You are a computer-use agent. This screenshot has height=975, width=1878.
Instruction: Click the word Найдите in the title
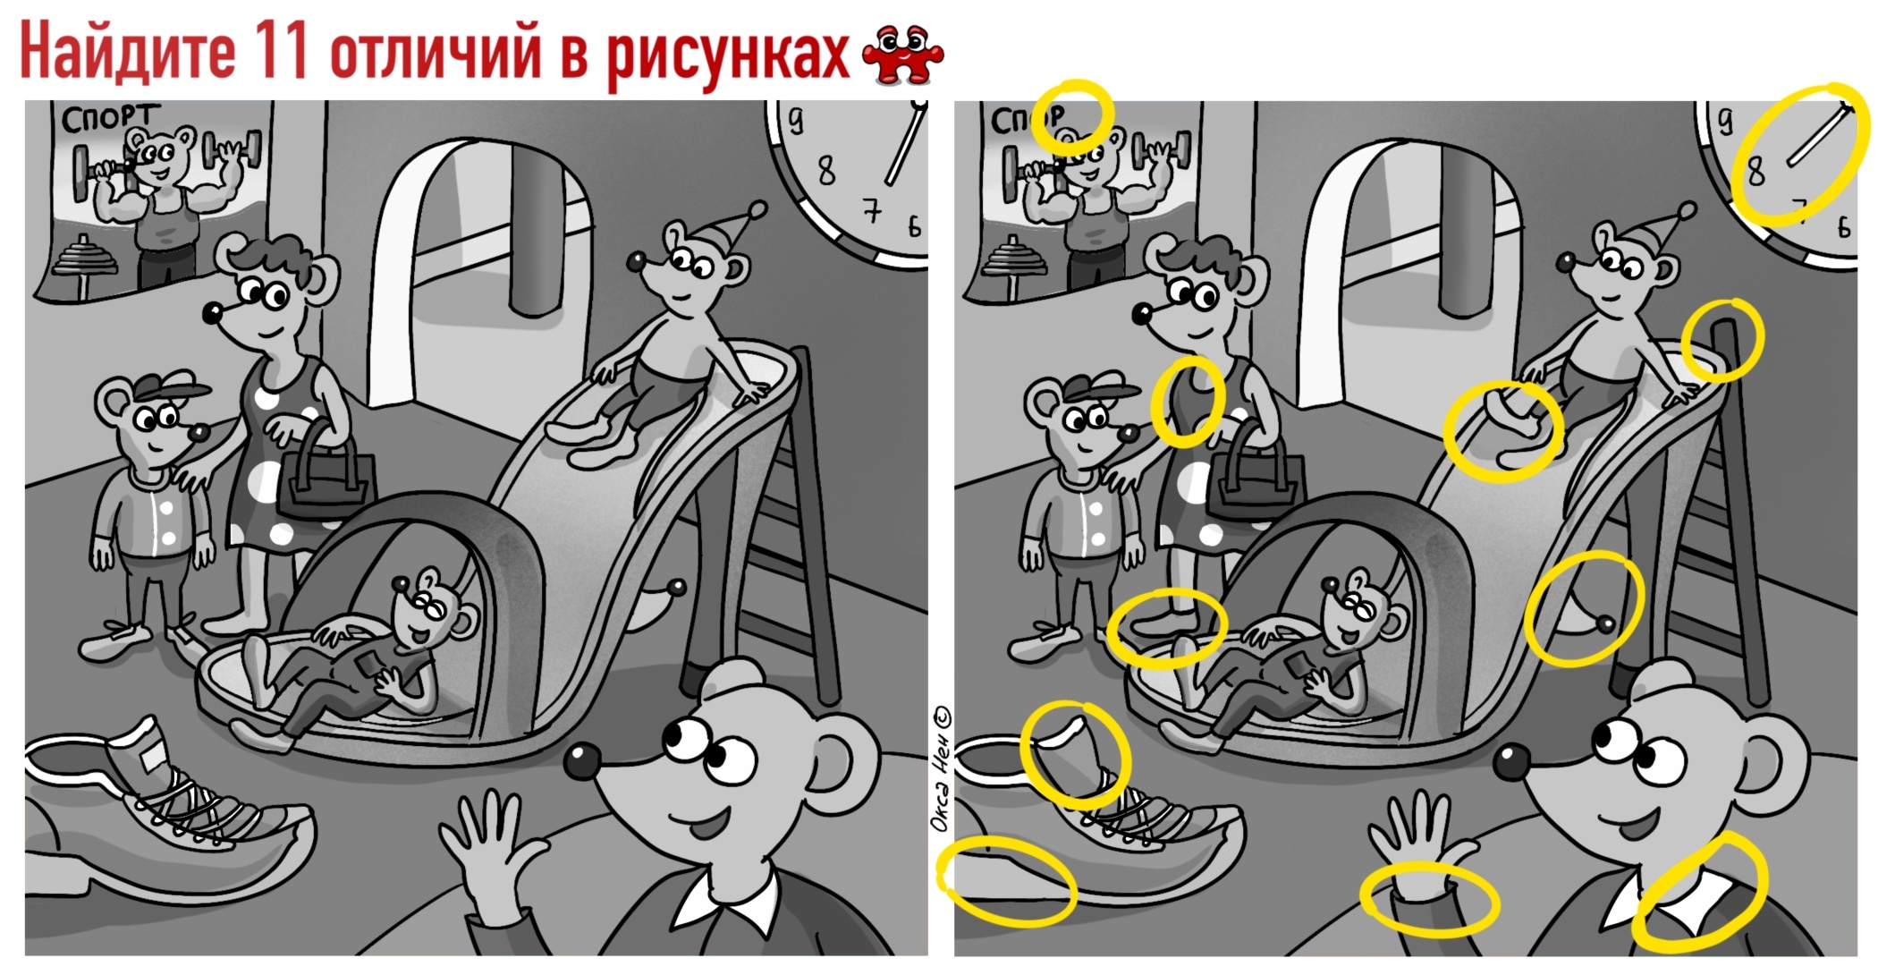pyautogui.click(x=128, y=51)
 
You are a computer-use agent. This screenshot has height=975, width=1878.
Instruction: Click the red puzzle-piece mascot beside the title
pyautogui.click(x=902, y=55)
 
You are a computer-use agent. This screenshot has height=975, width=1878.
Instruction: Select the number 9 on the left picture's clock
pyautogui.click(x=795, y=119)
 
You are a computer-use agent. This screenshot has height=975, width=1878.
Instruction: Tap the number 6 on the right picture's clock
pyautogui.click(x=1842, y=227)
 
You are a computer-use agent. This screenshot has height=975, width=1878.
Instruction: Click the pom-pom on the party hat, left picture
pyautogui.click(x=757, y=210)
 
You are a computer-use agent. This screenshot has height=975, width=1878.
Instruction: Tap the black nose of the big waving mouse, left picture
pyautogui.click(x=582, y=761)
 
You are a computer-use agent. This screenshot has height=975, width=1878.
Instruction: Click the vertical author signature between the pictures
pyautogui.click(x=941, y=769)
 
